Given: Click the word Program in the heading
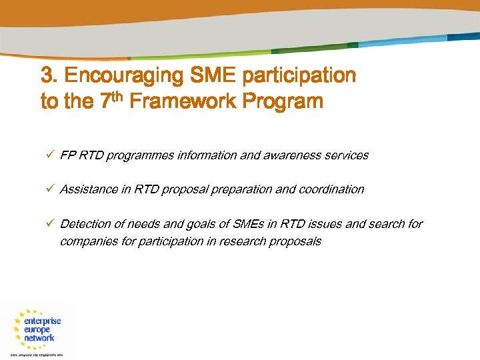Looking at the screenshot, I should tap(283, 102).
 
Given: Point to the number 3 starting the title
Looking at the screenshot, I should tap(47, 76).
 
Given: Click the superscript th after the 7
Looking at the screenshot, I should tap(117, 97).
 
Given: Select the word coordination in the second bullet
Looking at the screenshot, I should tap(331, 189).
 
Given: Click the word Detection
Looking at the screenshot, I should tap(84, 224).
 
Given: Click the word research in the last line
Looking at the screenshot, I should tap(243, 241).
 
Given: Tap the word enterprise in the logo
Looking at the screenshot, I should tap(41, 321).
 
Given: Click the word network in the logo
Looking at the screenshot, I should tap(39, 338).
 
